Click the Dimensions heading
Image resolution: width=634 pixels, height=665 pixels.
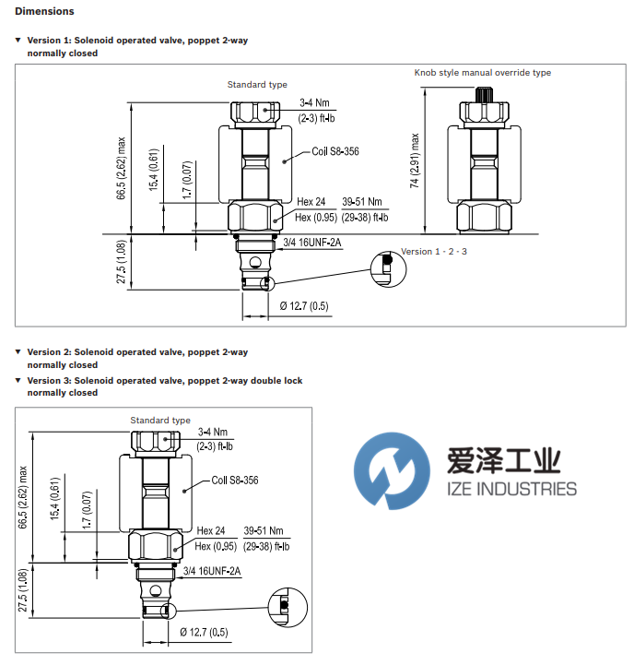coord(44,12)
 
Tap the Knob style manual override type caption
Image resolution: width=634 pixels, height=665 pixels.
coord(482,73)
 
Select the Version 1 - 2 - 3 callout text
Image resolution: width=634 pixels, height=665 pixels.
coord(434,252)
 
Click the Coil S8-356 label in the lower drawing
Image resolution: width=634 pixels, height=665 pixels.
coord(235,480)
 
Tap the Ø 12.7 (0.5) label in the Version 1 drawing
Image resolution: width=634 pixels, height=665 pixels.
coord(304,306)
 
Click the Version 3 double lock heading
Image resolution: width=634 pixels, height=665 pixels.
coord(164,380)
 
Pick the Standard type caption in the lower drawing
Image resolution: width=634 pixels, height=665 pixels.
coord(160,421)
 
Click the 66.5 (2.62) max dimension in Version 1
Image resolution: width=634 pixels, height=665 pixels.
coord(121,170)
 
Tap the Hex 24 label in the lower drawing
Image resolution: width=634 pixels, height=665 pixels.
coord(211,531)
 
